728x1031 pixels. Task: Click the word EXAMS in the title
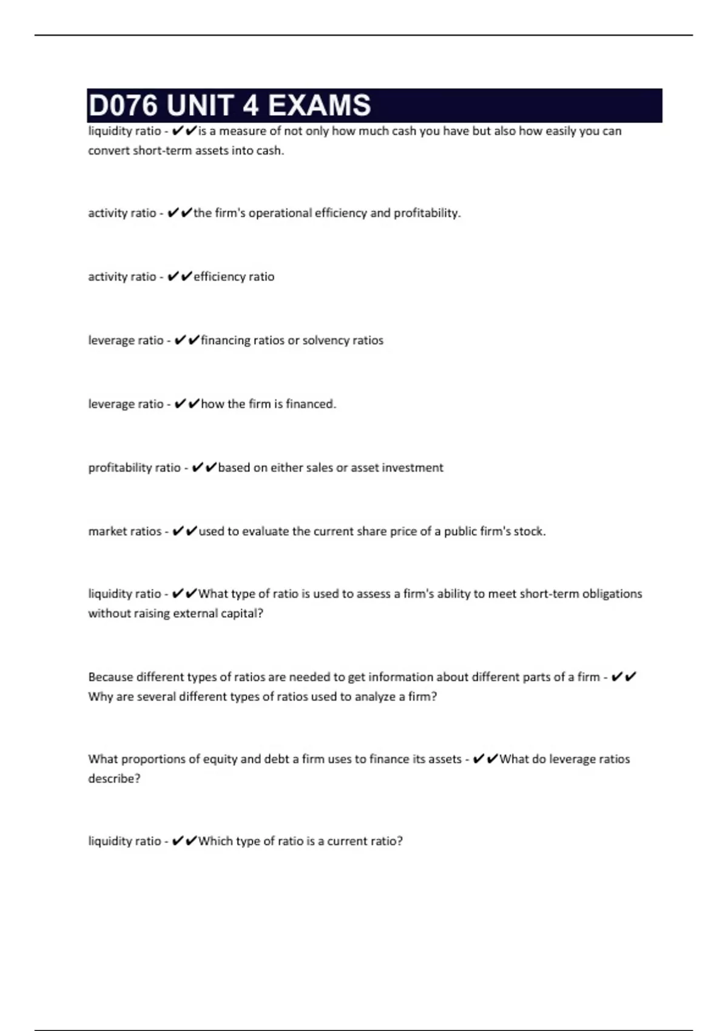coord(319,106)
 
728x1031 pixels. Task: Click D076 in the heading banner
coord(123,106)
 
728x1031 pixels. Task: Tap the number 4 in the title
coord(251,106)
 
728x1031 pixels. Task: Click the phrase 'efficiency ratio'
coord(234,277)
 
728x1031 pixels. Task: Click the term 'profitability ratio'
coord(134,468)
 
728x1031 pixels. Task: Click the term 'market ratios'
coord(124,531)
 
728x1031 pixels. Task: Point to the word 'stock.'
coord(530,531)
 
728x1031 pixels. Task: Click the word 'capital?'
coord(242,613)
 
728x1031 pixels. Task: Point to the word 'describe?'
coord(114,778)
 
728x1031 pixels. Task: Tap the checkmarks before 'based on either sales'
coord(204,468)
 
